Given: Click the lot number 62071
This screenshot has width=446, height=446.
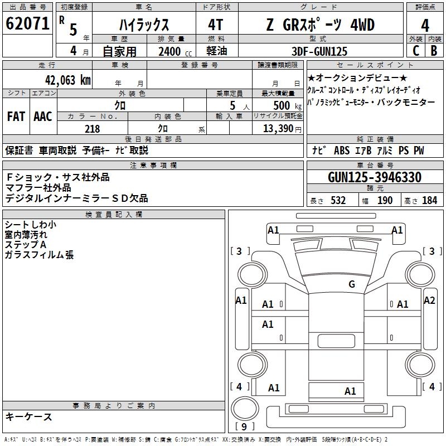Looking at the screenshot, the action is point(27,23).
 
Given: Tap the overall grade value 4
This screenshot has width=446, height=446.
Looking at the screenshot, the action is point(425,26).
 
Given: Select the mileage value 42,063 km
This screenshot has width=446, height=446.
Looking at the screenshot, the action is point(68,80).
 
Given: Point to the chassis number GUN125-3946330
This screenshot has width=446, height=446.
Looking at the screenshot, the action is point(375,177).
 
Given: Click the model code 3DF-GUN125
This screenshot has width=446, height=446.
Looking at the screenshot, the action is point(319,51).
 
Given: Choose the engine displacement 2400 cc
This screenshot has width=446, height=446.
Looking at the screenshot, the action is point(175,51).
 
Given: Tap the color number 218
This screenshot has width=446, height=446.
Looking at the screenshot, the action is point(92,129).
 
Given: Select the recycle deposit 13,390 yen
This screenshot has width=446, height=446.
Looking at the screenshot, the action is point(282,129).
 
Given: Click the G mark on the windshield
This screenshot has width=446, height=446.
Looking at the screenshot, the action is point(352,284).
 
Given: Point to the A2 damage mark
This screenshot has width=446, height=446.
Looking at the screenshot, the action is point(429,300).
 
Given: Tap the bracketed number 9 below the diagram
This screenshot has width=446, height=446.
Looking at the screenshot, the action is point(244,426).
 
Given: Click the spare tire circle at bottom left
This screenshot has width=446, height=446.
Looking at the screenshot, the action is point(245,409).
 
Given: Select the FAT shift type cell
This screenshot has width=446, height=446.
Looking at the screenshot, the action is point(16,117).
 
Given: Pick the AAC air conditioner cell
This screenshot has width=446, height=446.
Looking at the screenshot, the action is point(43,117).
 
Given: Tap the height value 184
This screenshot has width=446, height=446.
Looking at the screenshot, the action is point(429,201).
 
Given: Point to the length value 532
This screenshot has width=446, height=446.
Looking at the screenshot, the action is point(338,201).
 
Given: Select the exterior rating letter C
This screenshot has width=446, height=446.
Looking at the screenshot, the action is point(416,51).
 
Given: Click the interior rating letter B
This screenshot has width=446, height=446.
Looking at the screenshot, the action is point(434,51).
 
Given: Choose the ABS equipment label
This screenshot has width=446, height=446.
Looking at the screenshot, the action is point(342,151).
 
